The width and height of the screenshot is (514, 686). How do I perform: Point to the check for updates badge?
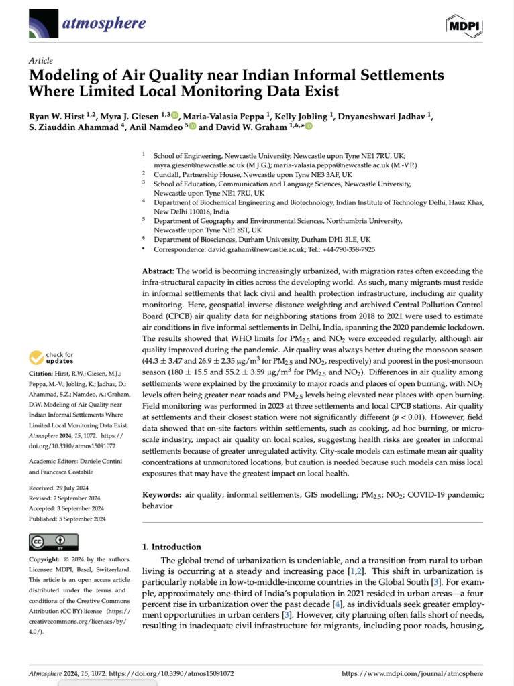pyautogui.click(x=53, y=358)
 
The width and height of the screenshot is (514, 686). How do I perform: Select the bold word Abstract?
pyautogui.click(x=158, y=271)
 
